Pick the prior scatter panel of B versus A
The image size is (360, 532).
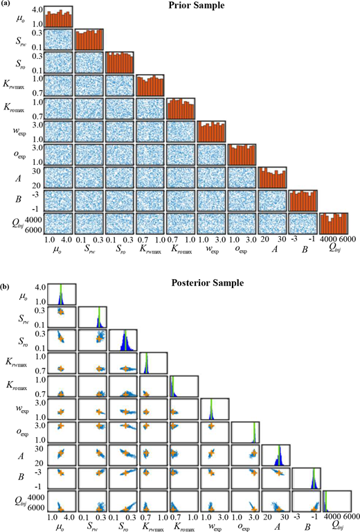click(x=273, y=201)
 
